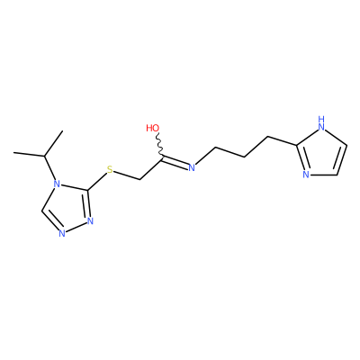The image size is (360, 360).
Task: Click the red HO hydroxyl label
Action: tap(153, 128)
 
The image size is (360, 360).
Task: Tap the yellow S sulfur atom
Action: tap(110, 170)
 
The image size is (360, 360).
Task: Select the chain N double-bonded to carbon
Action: tap(192, 167)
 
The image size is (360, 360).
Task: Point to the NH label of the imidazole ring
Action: tap(321, 123)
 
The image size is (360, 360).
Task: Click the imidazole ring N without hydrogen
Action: tap(306, 175)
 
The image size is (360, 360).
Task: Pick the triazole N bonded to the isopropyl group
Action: tap(55, 184)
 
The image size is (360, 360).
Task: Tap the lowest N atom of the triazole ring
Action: tap(62, 233)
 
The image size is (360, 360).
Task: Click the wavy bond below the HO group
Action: tap(160, 145)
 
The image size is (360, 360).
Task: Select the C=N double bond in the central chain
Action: tap(175, 161)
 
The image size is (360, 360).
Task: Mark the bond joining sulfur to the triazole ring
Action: tap(97, 182)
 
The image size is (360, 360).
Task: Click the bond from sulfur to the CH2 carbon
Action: tap(127, 175)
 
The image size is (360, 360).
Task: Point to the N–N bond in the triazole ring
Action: tap(76, 228)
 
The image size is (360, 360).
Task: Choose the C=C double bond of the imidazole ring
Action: tap(341, 159)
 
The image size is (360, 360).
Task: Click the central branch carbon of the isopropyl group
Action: tap(44, 156)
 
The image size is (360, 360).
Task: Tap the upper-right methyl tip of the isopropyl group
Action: tap(63, 131)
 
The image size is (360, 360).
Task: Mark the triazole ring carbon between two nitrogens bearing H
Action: tap(41, 211)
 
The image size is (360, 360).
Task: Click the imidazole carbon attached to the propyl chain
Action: tap(297, 146)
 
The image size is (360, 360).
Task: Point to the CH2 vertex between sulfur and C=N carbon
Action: tap(140, 180)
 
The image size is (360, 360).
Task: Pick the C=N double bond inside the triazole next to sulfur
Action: tap(87, 204)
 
